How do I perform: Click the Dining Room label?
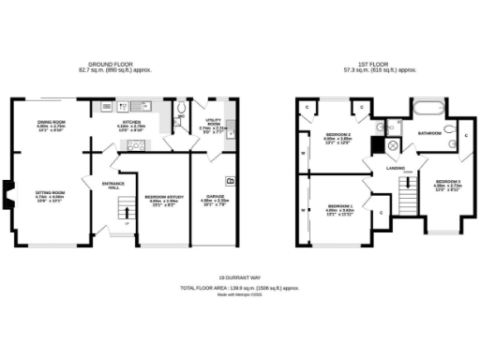52,123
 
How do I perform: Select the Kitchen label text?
132,123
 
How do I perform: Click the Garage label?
215,199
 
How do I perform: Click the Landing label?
394,169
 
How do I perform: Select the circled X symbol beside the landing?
392,145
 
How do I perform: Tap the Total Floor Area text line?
239,287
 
